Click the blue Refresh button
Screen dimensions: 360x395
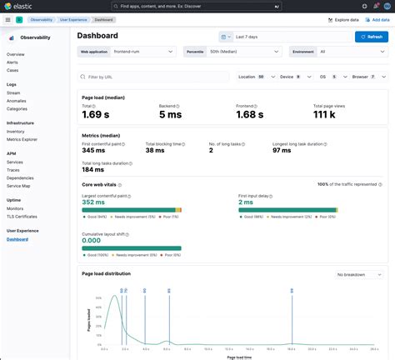pos(371,37)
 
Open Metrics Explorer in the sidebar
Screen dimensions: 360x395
pos(22,139)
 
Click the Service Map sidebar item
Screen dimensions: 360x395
pos(19,185)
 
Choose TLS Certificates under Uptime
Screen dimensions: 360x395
pos(22,216)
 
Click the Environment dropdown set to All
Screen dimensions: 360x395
pos(337,52)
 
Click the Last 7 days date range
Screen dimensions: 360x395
pos(287,37)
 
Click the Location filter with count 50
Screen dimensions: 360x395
pos(252,77)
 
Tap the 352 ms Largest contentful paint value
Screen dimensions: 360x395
pos(98,201)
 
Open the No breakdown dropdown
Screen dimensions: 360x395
pos(358,274)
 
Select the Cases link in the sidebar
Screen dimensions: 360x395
pos(14,69)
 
